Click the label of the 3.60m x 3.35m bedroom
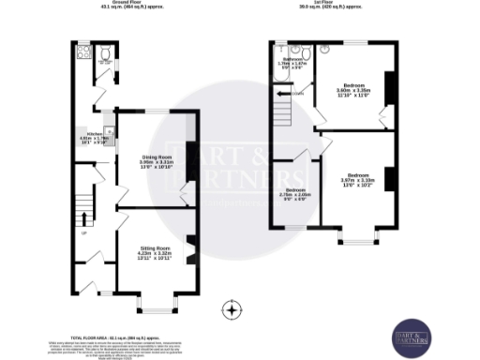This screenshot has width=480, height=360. tap(354, 91)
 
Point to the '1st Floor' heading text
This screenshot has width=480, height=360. tap(341, 3)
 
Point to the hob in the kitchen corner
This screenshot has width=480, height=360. tap(109, 130)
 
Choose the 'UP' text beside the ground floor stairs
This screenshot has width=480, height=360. tap(83, 233)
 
